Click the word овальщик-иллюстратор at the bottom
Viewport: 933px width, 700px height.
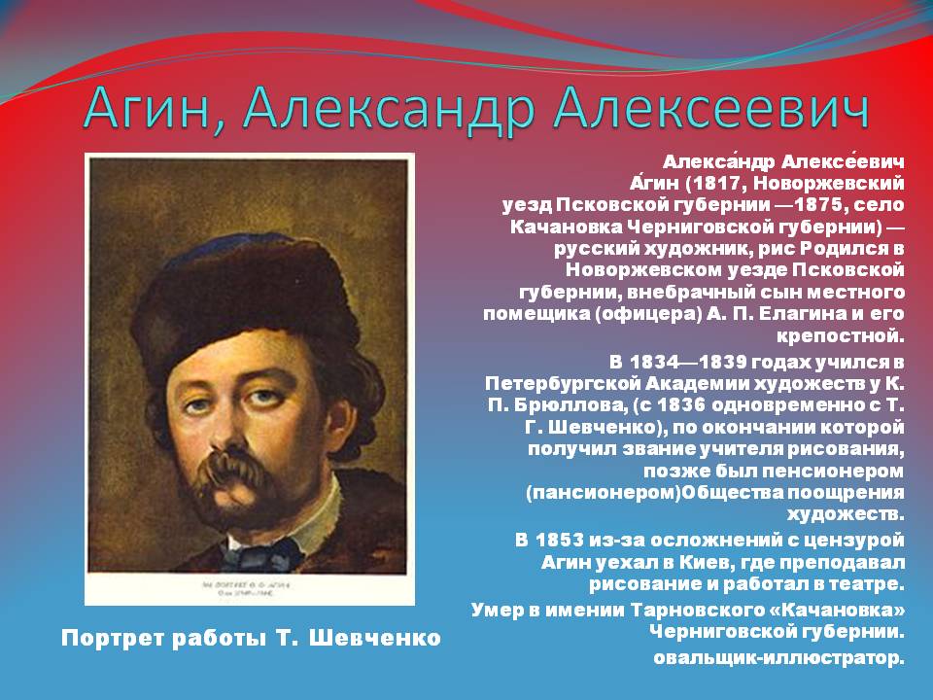pos(778,658)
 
